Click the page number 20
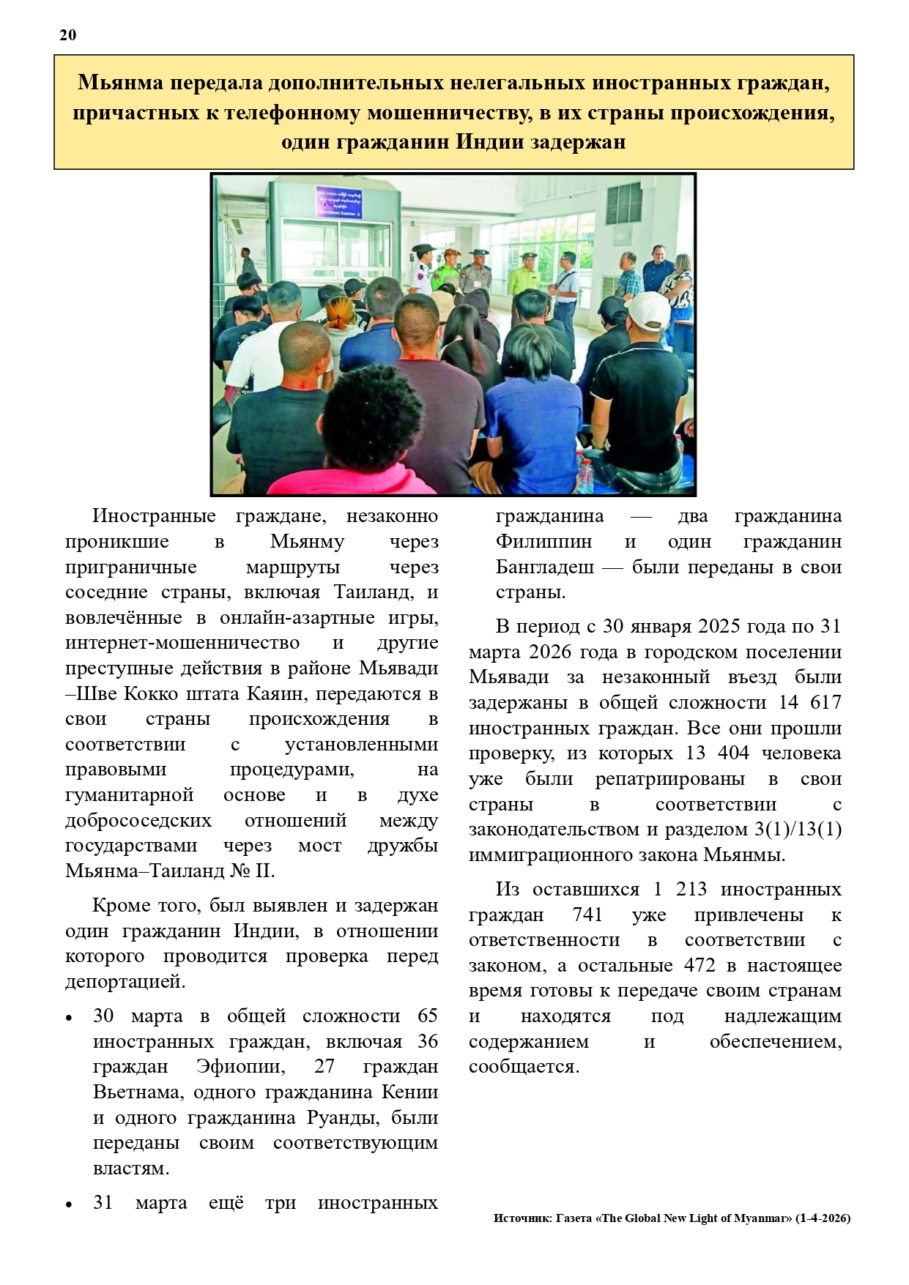tap(67, 35)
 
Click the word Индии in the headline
tap(490, 141)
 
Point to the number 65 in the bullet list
tap(427, 1016)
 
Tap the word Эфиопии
tap(241, 1067)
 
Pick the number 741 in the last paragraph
tap(587, 915)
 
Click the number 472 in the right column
tap(700, 965)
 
